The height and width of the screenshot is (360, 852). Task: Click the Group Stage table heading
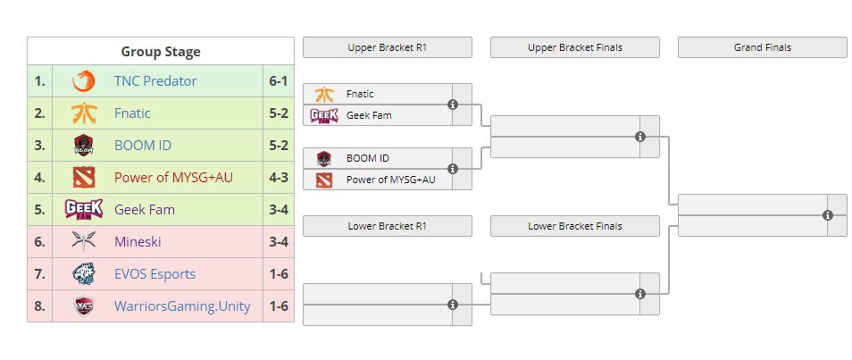click(x=161, y=52)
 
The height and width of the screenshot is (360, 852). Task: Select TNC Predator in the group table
click(x=155, y=81)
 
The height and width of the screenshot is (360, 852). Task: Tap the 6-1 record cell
click(x=278, y=81)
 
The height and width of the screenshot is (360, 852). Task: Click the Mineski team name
click(x=138, y=242)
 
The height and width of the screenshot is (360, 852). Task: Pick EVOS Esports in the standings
click(x=155, y=274)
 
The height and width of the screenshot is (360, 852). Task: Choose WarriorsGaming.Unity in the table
click(x=182, y=306)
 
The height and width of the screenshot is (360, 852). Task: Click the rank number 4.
click(x=39, y=178)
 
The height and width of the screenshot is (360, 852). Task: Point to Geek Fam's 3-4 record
click(x=278, y=210)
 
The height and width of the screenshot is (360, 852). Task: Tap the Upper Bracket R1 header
click(x=387, y=47)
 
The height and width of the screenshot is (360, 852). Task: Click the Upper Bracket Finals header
click(x=574, y=47)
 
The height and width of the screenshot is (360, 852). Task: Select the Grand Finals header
click(x=762, y=47)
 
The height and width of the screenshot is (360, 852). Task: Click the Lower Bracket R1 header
click(x=387, y=226)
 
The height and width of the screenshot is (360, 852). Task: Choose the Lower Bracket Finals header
click(x=574, y=226)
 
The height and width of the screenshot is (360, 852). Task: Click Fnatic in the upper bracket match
click(x=360, y=94)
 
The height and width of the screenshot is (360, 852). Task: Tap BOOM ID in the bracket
click(x=367, y=158)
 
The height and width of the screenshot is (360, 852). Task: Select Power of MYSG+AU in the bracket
click(x=390, y=180)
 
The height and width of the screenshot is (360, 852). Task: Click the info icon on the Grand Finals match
click(x=828, y=215)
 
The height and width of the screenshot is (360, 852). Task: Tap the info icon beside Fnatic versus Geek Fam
click(x=453, y=105)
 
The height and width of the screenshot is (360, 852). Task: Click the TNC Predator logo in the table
click(x=84, y=81)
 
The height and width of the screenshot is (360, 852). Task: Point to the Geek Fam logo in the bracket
click(x=323, y=115)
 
